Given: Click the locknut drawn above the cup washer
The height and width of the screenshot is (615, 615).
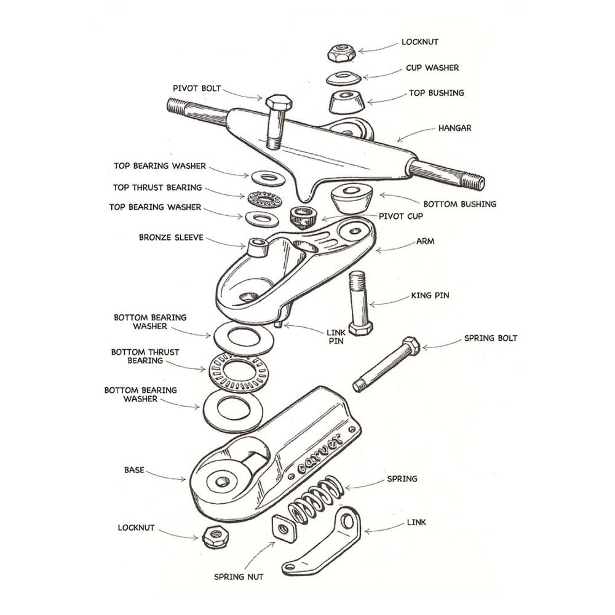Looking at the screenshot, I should click(x=341, y=53).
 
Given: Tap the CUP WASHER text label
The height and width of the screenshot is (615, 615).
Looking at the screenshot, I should click(x=432, y=68).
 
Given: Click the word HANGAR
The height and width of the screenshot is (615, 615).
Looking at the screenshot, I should click(x=454, y=129).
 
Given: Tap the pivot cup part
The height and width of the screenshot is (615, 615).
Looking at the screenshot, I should click(x=302, y=216).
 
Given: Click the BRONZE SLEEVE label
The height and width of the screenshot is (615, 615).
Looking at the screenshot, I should click(x=170, y=237).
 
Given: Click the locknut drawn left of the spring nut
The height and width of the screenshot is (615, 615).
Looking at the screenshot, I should click(x=216, y=536).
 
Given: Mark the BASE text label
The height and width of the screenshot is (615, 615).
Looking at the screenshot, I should click(x=134, y=470).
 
